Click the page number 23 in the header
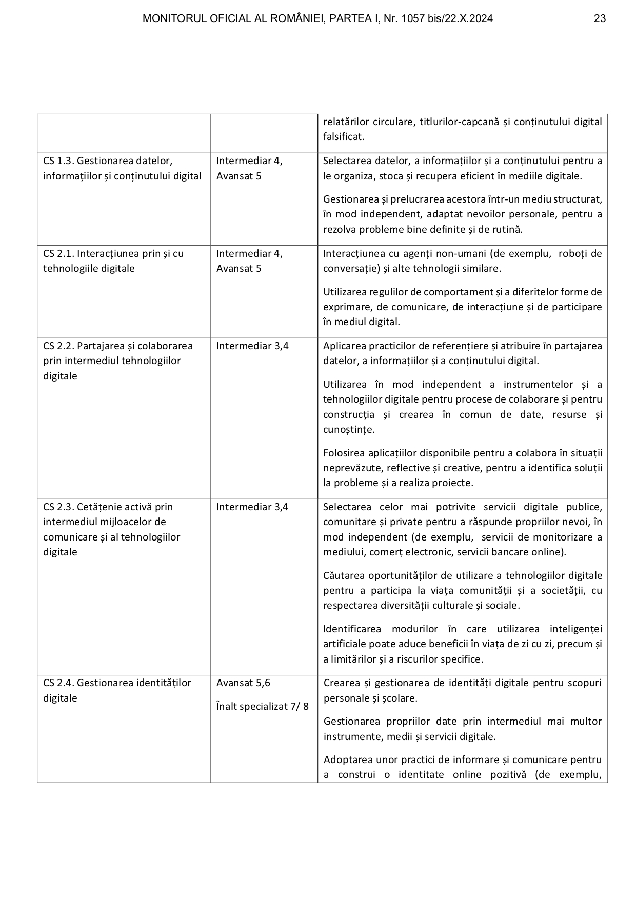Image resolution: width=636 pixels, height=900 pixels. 600,19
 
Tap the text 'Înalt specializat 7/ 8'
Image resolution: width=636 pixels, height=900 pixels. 263,707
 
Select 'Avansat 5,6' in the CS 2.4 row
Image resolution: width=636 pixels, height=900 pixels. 243,683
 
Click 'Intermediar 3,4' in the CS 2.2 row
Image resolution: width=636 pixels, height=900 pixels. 252,346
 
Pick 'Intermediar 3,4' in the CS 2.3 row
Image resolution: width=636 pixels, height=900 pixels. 252,507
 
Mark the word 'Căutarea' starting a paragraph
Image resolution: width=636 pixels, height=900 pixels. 343,576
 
